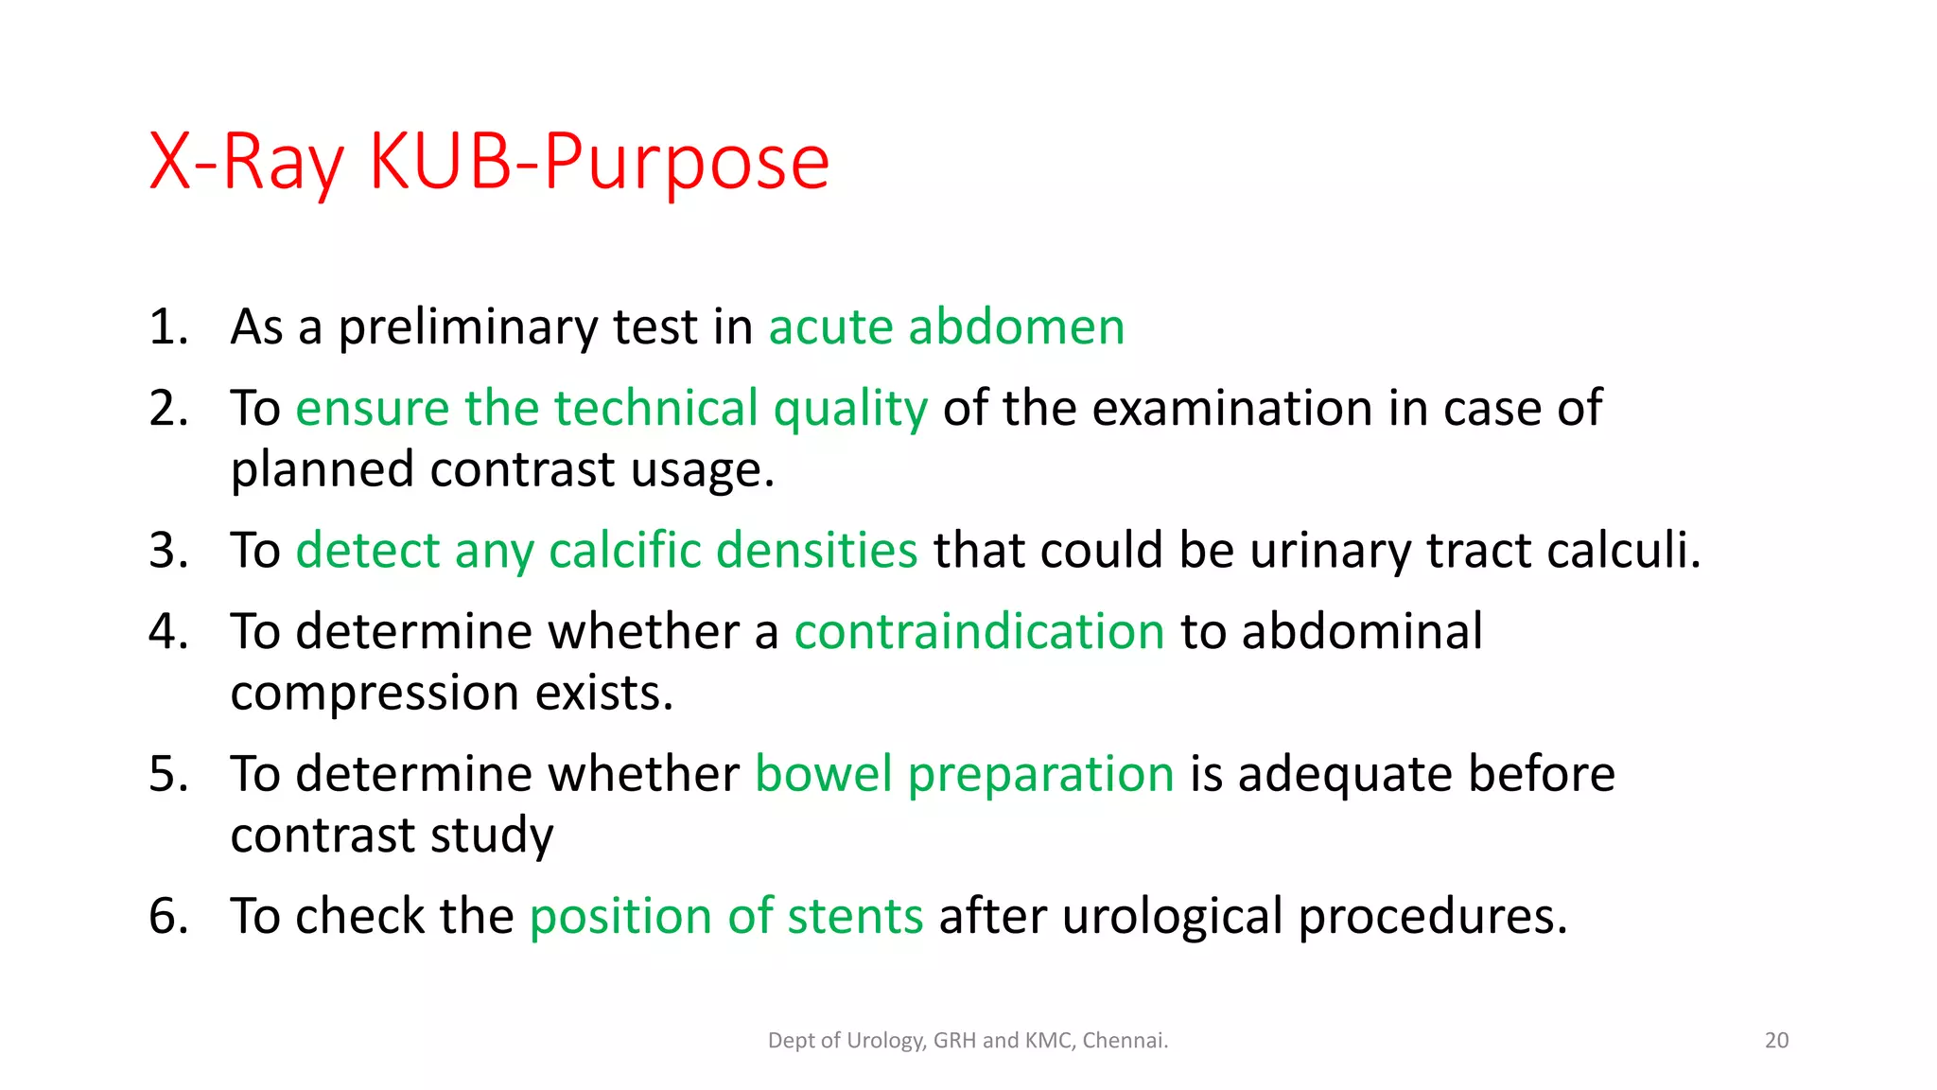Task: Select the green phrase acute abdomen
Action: click(946, 327)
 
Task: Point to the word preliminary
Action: click(468, 327)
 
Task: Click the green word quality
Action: click(849, 409)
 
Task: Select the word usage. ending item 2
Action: click(702, 469)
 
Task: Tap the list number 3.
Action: click(167, 551)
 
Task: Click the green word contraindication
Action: click(979, 632)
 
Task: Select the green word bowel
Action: click(823, 774)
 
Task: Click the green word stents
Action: click(855, 917)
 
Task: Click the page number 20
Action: click(1776, 1041)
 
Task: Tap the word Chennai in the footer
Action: click(1124, 1041)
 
